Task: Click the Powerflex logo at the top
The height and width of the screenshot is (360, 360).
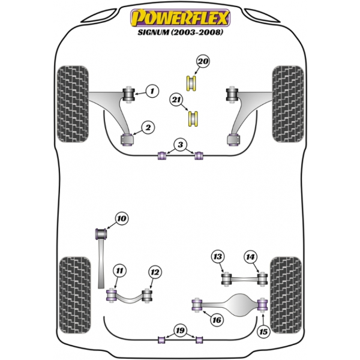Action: tap(180, 18)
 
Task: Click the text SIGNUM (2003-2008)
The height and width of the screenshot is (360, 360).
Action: tap(180, 32)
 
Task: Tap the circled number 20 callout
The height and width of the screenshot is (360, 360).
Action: tap(203, 62)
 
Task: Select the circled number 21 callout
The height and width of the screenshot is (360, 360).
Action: tap(176, 100)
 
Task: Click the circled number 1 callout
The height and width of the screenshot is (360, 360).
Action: tap(152, 91)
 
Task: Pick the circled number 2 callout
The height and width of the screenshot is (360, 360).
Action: tap(148, 128)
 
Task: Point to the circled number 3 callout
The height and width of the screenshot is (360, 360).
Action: tap(181, 145)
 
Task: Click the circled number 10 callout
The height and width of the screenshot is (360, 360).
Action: tap(122, 218)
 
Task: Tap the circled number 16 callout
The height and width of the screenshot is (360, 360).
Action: tap(217, 320)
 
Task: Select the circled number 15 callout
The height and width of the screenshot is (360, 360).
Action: tap(263, 332)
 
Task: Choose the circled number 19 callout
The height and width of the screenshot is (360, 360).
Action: tap(180, 331)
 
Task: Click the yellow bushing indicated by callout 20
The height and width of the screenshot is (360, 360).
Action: tap(191, 83)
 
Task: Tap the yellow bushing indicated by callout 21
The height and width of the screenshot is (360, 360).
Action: tap(193, 118)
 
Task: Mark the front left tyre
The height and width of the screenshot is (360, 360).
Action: tap(73, 104)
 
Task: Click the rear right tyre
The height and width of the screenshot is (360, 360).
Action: tap(286, 295)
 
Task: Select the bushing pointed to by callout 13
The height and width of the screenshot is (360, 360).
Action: tap(227, 278)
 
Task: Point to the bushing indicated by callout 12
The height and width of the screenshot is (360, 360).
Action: tap(147, 295)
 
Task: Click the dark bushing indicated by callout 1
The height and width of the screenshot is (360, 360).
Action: tap(128, 94)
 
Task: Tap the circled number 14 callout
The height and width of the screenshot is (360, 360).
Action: tap(250, 257)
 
